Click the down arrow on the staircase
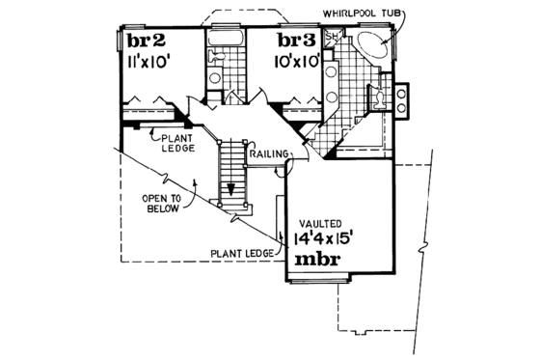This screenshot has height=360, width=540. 231,188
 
